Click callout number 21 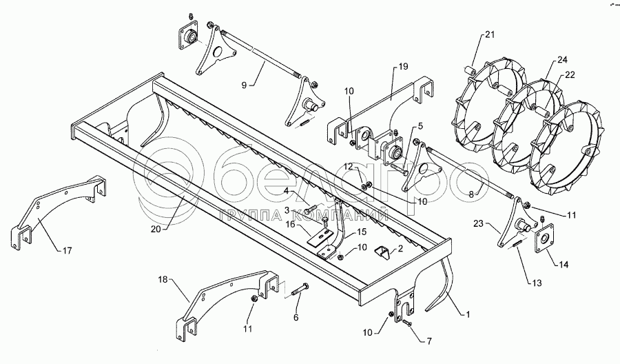(x=490, y=35)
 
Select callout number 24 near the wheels (x=562, y=60)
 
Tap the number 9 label (x=244, y=85)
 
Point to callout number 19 (x=403, y=66)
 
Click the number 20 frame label (x=156, y=229)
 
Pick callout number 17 (x=68, y=250)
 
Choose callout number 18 (x=163, y=280)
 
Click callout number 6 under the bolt (x=296, y=317)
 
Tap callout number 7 (x=429, y=341)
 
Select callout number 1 (x=468, y=314)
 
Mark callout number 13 (x=537, y=283)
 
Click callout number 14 (x=564, y=264)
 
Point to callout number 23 (x=479, y=223)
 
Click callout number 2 (x=400, y=248)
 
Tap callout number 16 (x=291, y=224)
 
